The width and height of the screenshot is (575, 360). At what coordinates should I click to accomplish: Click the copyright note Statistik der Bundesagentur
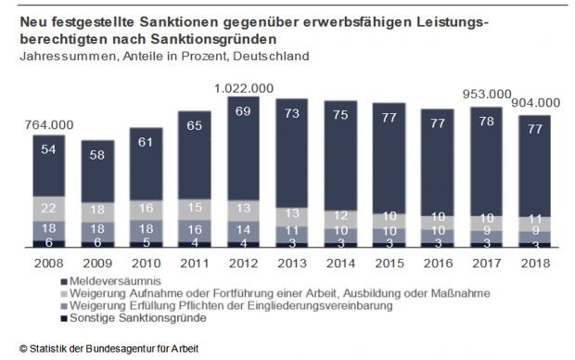(106, 348)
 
